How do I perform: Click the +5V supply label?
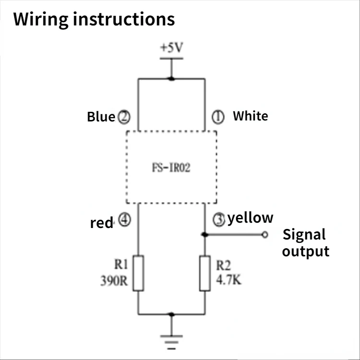pos(171,48)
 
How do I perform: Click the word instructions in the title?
pos(124,19)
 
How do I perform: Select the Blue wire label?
pos(101,117)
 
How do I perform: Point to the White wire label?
pos(251,116)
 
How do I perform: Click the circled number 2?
pos(124,117)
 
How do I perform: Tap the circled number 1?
pos(218,117)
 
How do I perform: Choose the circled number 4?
pos(125,220)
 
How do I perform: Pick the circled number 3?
pos(219,220)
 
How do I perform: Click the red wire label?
pos(101,223)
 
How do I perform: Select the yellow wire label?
pos(250,218)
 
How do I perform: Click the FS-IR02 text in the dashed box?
pos(171,168)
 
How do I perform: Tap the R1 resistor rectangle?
pos(138,273)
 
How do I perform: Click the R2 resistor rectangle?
pos(205,273)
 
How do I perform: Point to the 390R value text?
pos(114,281)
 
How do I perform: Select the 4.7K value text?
pos(228,280)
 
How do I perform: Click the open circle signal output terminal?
pos(265,235)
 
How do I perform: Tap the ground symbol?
pos(171,342)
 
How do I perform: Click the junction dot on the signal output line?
pos(204,235)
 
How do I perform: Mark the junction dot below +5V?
pos(171,79)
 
